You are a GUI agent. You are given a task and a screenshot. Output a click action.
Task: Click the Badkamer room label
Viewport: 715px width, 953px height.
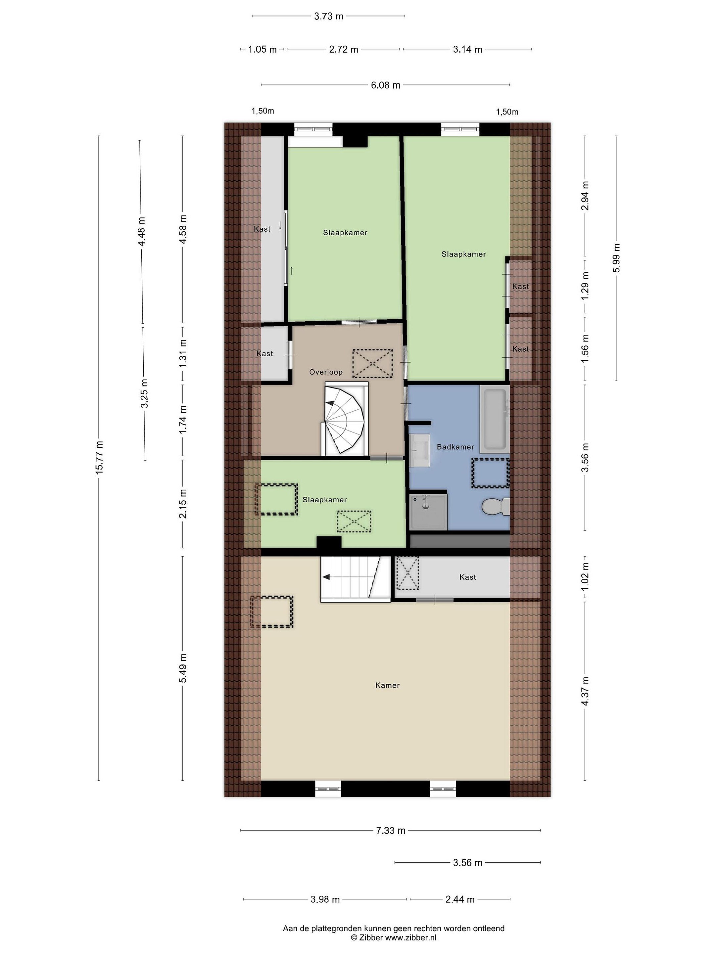455,447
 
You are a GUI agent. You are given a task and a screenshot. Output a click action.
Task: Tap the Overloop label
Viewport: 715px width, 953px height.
326,372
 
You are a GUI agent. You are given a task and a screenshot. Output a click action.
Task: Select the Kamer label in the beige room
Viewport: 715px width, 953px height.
387,685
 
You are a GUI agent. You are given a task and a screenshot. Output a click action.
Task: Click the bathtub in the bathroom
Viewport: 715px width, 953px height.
495,419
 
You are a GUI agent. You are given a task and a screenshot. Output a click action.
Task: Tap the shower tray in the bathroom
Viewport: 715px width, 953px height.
428,512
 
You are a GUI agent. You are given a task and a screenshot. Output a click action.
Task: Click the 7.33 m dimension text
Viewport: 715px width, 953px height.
391,830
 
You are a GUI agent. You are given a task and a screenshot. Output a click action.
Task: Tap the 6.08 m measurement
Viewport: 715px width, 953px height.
386,85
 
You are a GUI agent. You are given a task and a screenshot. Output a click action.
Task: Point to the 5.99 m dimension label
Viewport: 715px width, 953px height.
617,258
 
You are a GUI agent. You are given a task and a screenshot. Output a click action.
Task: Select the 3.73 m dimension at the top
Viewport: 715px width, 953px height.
329,16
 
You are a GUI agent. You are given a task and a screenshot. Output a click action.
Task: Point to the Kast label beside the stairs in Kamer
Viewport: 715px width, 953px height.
468,577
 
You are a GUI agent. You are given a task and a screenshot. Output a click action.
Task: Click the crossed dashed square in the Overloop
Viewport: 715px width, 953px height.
373,364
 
